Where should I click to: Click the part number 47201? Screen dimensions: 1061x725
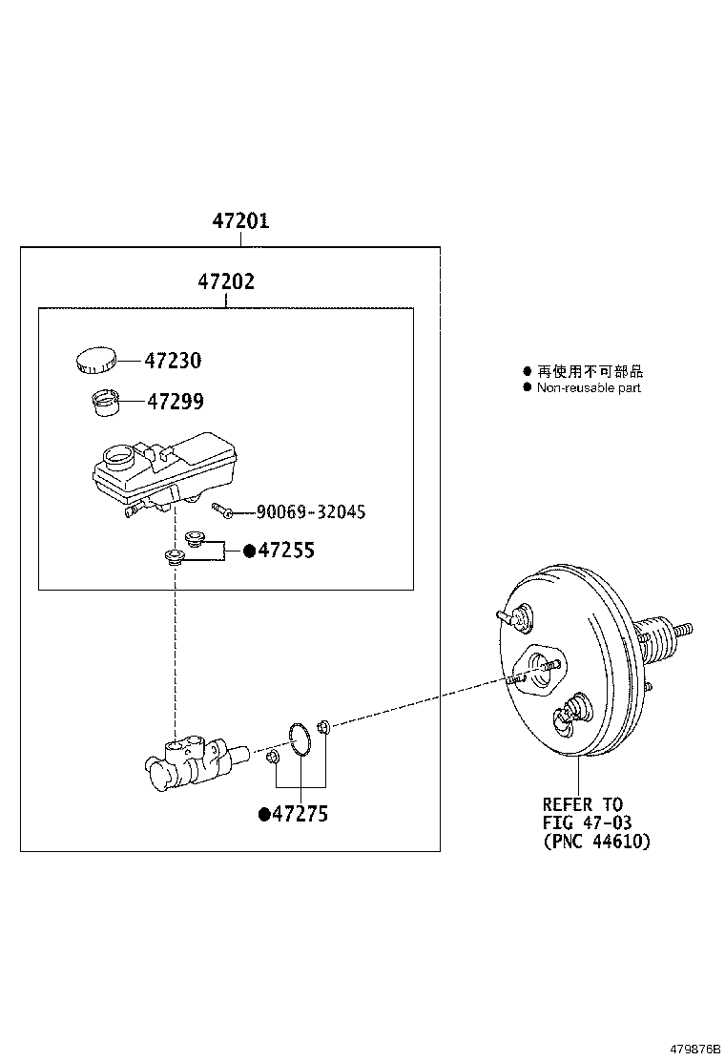pyautogui.click(x=240, y=221)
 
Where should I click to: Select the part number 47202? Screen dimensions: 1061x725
pyautogui.click(x=226, y=282)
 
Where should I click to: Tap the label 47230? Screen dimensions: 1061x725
pyautogui.click(x=173, y=361)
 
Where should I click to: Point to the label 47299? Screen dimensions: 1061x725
pyautogui.click(x=175, y=402)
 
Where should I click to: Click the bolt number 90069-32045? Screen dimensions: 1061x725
pyautogui.click(x=310, y=512)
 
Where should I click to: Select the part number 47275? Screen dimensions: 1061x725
pyautogui.click(x=300, y=814)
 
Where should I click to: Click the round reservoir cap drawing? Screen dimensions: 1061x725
pyautogui.click(x=94, y=361)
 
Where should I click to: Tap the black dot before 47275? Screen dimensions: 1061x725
pyautogui.click(x=264, y=814)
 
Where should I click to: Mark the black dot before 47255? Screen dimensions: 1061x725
pyautogui.click(x=250, y=551)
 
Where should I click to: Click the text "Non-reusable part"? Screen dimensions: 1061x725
pyautogui.click(x=588, y=387)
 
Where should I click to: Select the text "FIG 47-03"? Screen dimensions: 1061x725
pyautogui.click(x=587, y=822)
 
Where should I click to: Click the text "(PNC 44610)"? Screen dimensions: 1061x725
pyautogui.click(x=596, y=841)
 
